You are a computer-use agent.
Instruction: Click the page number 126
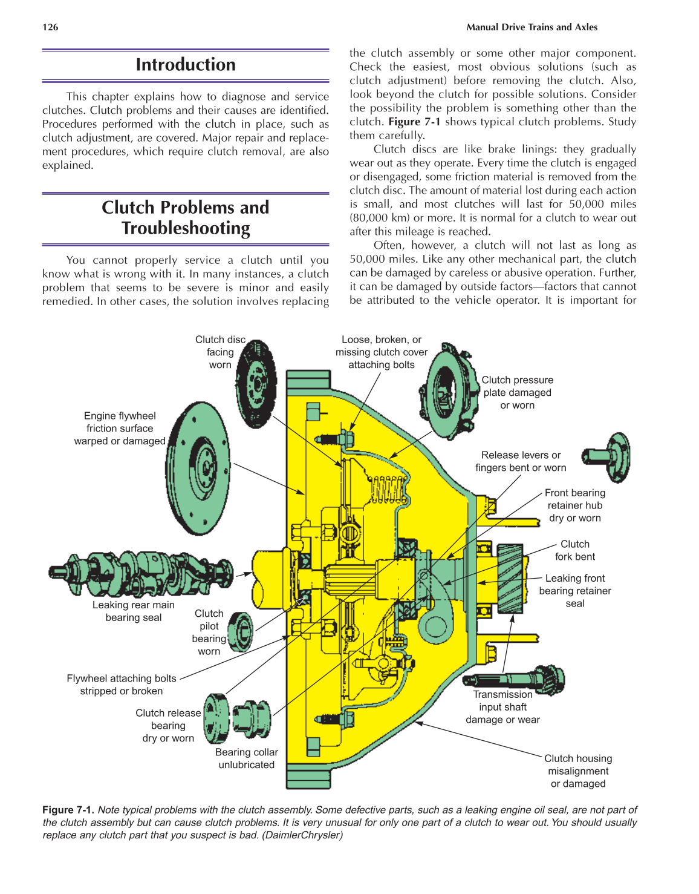coord(50,27)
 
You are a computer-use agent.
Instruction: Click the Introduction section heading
coord(186,65)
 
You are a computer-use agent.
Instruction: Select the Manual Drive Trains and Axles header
coord(532,27)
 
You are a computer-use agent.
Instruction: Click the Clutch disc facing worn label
coord(220,352)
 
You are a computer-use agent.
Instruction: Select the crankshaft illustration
coord(141,572)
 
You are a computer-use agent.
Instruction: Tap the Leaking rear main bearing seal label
coord(134,611)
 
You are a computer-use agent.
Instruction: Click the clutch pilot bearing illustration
coord(241,631)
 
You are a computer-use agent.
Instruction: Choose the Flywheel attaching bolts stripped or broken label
coord(122,685)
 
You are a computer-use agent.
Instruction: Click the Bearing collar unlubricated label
coord(247,758)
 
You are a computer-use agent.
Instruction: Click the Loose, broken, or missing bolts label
coord(382,352)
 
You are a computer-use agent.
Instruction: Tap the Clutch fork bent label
coord(574,550)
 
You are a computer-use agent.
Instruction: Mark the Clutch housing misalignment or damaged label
coord(578,771)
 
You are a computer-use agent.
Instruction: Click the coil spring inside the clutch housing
coord(387,489)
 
